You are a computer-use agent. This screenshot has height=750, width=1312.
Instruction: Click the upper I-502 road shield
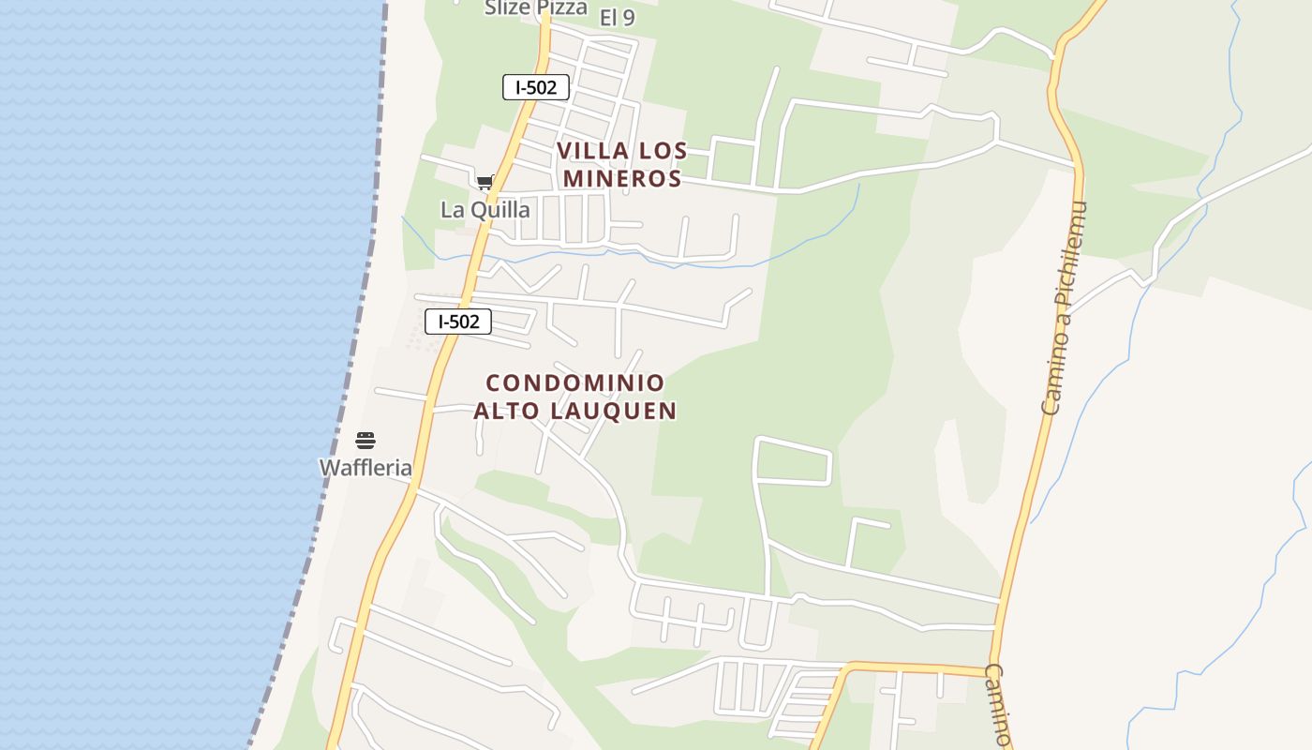[x=536, y=87]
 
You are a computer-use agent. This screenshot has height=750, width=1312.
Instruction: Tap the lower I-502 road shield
[x=458, y=322]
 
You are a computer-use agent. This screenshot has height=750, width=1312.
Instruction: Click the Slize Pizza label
[x=535, y=8]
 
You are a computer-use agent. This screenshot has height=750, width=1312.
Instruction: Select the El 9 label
[x=617, y=17]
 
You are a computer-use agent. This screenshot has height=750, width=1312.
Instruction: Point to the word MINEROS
[x=622, y=178]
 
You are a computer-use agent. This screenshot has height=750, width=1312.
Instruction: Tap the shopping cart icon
[x=485, y=183]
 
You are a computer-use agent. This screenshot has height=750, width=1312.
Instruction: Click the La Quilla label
[x=485, y=210]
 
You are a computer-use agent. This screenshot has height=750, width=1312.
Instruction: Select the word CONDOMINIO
[x=575, y=382]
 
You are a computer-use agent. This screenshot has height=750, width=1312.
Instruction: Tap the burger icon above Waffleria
[x=365, y=441]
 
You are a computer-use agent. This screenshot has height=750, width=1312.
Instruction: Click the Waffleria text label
[x=365, y=468]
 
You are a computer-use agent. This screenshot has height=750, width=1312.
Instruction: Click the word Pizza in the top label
[x=561, y=8]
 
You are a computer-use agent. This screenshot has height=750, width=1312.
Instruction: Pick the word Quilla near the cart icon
[x=500, y=210]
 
